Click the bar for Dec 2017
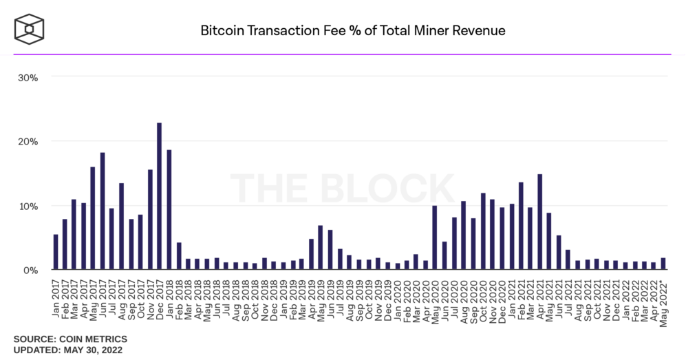(159, 196)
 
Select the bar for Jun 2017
(103, 211)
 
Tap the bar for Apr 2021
(540, 222)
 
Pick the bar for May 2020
(434, 237)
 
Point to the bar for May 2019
(320, 247)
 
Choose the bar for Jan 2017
(56, 252)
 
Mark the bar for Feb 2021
(521, 226)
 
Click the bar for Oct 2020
(483, 231)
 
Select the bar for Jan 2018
(169, 209)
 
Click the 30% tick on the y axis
(28, 78)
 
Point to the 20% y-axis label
(28, 142)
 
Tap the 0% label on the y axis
(31, 271)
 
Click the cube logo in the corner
(30, 30)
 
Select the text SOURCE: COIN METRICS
(70, 339)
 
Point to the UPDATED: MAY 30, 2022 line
(68, 350)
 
